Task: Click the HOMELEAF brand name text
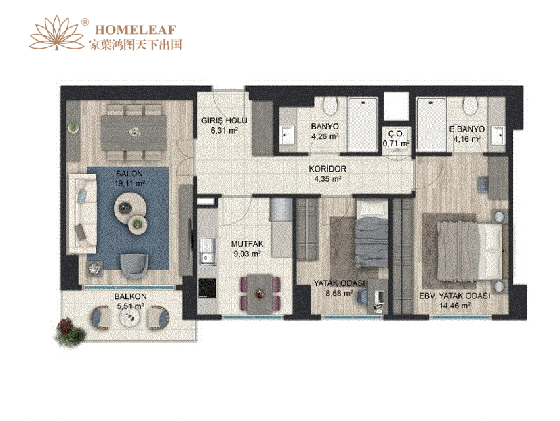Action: coord(136,30)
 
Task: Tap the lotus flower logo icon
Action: coord(57,33)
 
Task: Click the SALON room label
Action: coord(129,174)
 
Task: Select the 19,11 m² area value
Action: coord(129,184)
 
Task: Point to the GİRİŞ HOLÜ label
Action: coord(224,121)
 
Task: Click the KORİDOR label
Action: coord(327,169)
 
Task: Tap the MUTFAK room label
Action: coord(247,244)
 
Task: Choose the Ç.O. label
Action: coord(396,134)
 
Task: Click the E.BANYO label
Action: coord(467,129)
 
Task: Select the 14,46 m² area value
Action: coord(455,306)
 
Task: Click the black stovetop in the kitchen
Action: coord(207,288)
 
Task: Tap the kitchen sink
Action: coord(207,252)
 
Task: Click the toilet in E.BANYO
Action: coord(470,105)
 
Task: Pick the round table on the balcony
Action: coord(131,316)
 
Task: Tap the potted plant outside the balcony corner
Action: coord(71,332)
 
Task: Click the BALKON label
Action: coord(130,296)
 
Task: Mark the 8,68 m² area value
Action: coord(338,293)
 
